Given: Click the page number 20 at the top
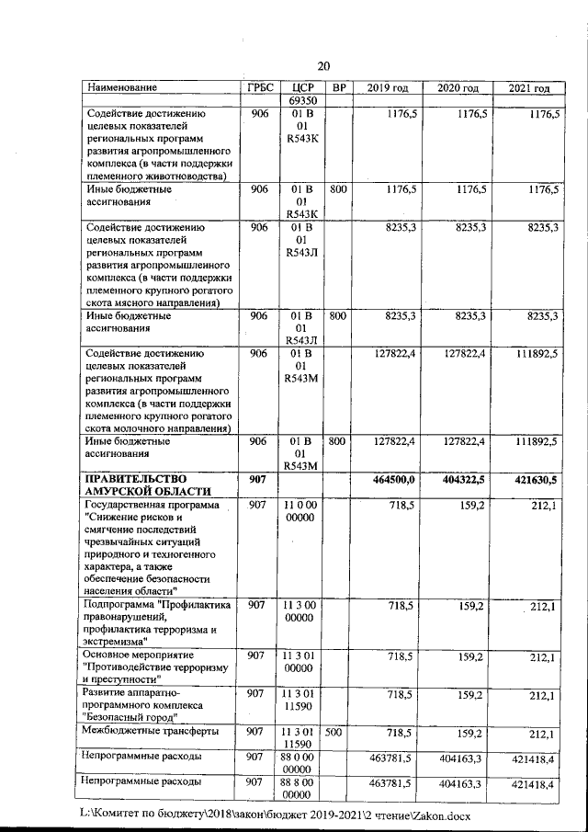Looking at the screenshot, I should tap(322, 65).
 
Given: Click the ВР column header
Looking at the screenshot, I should tap(338, 87).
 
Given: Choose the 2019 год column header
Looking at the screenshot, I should tap(387, 87).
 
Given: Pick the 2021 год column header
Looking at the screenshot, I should tap(528, 88).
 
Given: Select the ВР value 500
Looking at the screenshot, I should tap(337, 732).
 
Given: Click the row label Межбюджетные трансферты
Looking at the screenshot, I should tap(151, 732).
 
